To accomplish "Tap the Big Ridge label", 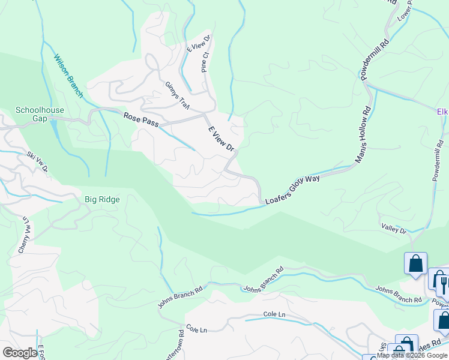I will (x=102, y=199).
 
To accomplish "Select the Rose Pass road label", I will (x=141, y=119).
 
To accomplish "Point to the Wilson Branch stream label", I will (x=68, y=76).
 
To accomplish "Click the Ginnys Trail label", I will (x=178, y=94).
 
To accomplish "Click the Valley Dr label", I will (x=394, y=228).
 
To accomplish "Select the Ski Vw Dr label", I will (x=37, y=162).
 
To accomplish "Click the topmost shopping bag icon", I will (x=415, y=263).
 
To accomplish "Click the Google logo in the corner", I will (x=20, y=353).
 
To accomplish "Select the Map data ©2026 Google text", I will (x=412, y=355).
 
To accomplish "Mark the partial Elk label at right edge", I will (x=443, y=111).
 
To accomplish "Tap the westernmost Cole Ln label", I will (x=196, y=329).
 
